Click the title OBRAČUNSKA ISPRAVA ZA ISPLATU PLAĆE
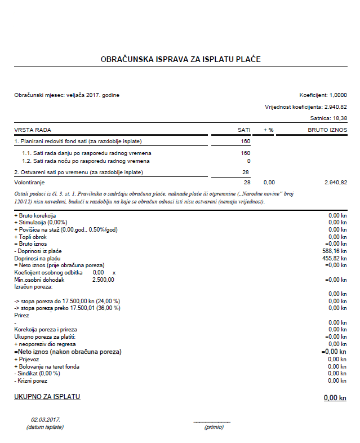tap(180, 59)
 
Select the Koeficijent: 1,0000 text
tap(323, 95)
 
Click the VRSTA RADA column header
tap(29, 130)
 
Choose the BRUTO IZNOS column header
tap(327, 130)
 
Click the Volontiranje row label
tap(29, 183)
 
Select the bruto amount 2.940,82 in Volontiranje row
tap(336, 183)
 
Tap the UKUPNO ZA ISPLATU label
tap(47, 397)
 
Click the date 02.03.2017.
tap(45, 420)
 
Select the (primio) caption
tap(214, 427)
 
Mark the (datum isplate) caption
tap(45, 427)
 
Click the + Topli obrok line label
tap(31, 237)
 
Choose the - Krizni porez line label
tap(31, 380)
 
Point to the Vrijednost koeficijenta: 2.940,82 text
tap(306, 107)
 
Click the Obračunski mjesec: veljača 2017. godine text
tap(66, 95)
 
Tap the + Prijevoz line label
tap(28, 359)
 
